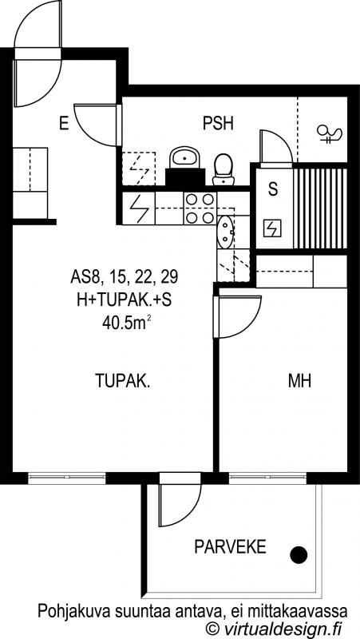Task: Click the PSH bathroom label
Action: coord(218,123)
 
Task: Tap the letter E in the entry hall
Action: coord(64,123)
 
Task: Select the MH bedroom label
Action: coord(299,381)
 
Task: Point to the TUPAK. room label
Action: coord(123,381)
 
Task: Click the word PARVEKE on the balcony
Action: coord(230,547)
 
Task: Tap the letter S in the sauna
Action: coord(273,189)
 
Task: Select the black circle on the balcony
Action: coord(299,555)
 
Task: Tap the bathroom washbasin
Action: coord(185,157)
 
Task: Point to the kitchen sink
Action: coord(225,232)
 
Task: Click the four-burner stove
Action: coord(200,208)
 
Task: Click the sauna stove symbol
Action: coord(272,228)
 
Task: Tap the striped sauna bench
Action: coord(320,208)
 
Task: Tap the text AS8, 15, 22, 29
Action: coord(125,277)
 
